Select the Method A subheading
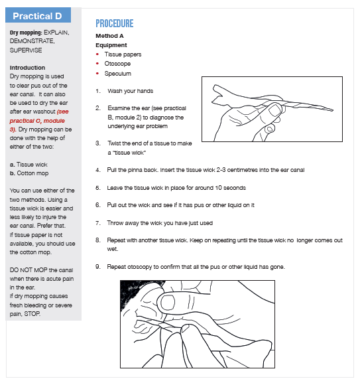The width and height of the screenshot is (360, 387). coord(109,35)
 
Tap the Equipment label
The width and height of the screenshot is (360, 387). coord(111,45)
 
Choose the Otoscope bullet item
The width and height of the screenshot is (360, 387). coord(118,64)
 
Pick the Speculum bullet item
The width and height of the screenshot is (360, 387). coord(118,74)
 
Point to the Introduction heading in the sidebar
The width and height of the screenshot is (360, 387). coord(28,68)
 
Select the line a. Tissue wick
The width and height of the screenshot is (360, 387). coord(29,163)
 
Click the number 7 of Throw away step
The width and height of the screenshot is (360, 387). coord(98,222)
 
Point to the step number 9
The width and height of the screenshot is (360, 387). coord(98,266)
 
